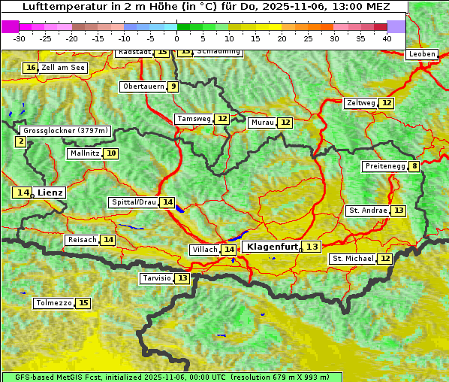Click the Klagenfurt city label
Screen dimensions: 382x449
tap(272, 247)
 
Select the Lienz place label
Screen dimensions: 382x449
tap(50, 193)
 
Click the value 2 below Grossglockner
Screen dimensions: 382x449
tap(20, 141)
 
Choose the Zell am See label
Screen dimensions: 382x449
tap(63, 68)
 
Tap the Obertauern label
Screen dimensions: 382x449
tap(143, 86)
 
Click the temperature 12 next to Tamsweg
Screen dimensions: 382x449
tap(222, 119)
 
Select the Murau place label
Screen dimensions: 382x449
tap(263, 123)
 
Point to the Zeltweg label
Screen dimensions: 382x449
tap(360, 103)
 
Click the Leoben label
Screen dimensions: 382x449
tap(421, 54)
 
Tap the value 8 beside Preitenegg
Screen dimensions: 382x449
tap(414, 166)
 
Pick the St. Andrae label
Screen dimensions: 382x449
tap(368, 211)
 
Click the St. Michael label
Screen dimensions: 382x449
tap(353, 259)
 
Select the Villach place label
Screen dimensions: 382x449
tap(205, 250)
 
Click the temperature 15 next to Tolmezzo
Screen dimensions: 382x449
tap(83, 303)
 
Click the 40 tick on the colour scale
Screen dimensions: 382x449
tap(387, 38)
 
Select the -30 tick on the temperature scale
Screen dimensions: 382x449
tap(20, 38)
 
